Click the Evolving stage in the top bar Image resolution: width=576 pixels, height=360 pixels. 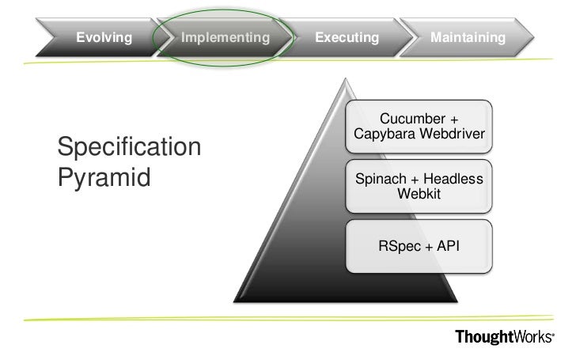tap(104, 37)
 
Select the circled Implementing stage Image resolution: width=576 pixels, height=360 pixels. tap(225, 37)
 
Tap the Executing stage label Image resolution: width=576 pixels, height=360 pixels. tap(347, 37)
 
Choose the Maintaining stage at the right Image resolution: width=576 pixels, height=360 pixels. tap(468, 37)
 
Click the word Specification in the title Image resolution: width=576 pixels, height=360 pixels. tap(129, 147)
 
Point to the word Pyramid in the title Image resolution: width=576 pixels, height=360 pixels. tap(104, 177)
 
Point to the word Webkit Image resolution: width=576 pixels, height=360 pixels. tap(419, 194)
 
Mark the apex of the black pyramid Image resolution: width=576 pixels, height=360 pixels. tap(344, 79)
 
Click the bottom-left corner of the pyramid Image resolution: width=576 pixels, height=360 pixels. tap(235, 300)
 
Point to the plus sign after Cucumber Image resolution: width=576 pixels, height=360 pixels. tap(453, 119)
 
